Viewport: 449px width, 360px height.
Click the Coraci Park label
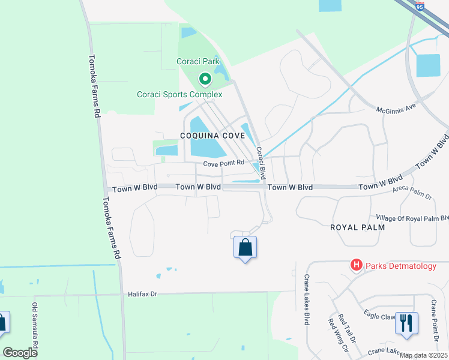198,61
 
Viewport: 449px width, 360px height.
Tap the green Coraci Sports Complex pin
205,79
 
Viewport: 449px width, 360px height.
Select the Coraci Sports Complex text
179,94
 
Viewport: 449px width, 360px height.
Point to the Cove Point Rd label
223,163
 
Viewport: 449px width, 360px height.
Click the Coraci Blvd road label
261,160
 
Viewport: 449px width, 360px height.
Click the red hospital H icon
356,265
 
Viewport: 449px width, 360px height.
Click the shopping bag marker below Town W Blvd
245,247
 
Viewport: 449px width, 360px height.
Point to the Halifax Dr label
142,294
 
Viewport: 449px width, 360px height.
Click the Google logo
20,353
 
